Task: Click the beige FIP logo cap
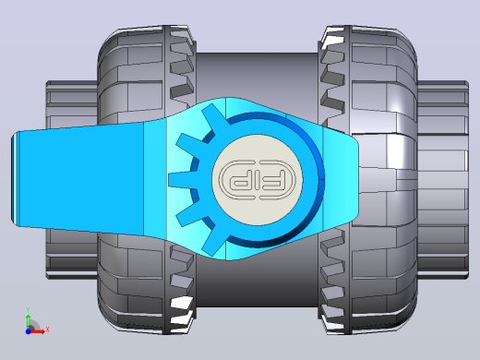tap(258, 179)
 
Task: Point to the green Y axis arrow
tap(29, 321)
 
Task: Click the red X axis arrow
tap(38, 331)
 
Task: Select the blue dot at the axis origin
tap(28, 331)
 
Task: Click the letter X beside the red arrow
tap(47, 330)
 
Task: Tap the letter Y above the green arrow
tap(28, 310)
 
